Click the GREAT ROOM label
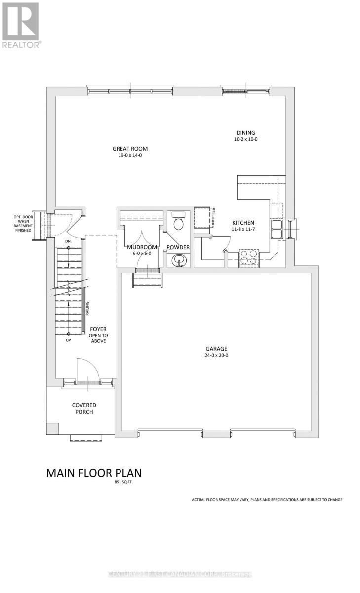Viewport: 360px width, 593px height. coord(130,149)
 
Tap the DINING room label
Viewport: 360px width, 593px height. coord(245,132)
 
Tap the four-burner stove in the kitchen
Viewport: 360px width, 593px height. coord(248,257)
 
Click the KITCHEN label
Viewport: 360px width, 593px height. coord(243,223)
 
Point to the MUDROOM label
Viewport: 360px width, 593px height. coord(142,247)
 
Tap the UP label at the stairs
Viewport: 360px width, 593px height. coord(68,340)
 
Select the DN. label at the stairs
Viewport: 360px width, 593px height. coord(68,241)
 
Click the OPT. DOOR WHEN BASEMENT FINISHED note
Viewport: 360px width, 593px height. coord(23,223)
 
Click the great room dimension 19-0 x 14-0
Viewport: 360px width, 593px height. coord(130,156)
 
